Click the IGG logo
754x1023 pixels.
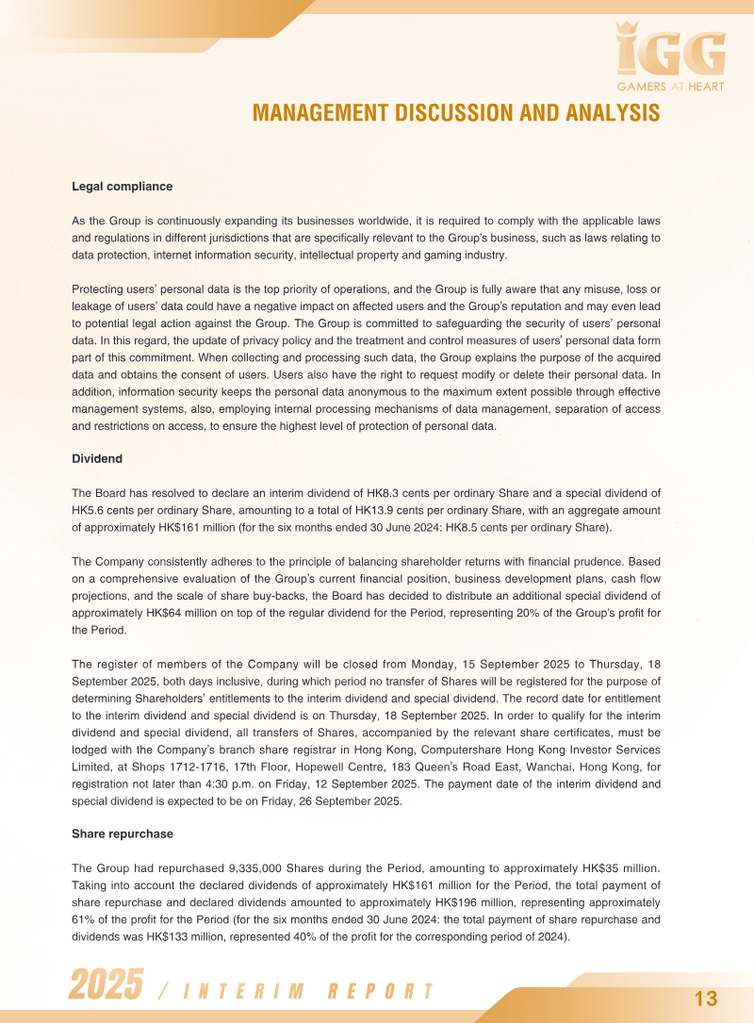pyautogui.click(x=670, y=51)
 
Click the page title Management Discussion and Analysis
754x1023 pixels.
pyautogui.click(x=456, y=113)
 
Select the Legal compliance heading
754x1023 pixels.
pyautogui.click(x=122, y=187)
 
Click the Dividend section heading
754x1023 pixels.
pyautogui.click(x=97, y=458)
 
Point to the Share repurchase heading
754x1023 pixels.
pyautogui.click(x=123, y=833)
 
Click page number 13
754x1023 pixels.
pyautogui.click(x=706, y=998)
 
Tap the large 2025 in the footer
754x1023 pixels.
pyautogui.click(x=106, y=985)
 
